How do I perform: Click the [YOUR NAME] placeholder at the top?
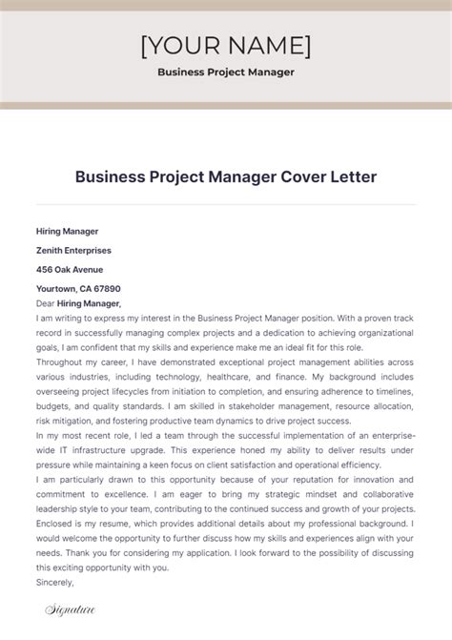pyautogui.click(x=225, y=45)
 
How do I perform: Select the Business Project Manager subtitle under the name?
pyautogui.click(x=225, y=72)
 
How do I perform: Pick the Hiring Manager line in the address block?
pyautogui.click(x=67, y=231)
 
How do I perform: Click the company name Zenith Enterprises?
pyautogui.click(x=73, y=250)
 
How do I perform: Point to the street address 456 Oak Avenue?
pyautogui.click(x=70, y=269)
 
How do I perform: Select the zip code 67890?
pyautogui.click(x=107, y=288)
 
